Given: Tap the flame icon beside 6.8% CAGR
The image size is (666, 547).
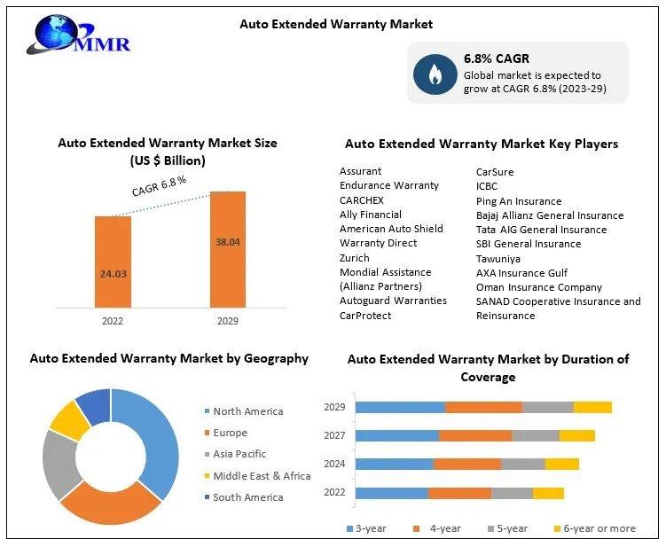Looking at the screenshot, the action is point(435,74).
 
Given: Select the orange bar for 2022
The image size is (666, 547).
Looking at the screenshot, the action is point(113,262).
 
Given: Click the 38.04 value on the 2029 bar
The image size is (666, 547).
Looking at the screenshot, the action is point(228,242).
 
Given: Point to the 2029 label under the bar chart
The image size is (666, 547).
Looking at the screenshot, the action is point(228,321).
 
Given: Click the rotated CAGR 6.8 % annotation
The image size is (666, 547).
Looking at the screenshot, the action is point(160,186).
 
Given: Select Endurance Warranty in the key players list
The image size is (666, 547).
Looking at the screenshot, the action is point(389,185).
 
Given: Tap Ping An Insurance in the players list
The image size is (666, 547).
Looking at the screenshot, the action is point(519,201).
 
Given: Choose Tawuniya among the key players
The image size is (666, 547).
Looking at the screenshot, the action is point(498,259).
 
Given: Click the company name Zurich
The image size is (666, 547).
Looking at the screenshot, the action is point(354,258).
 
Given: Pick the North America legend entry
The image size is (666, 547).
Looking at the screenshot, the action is point(244,411).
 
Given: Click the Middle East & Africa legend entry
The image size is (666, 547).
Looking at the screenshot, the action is point(257,476).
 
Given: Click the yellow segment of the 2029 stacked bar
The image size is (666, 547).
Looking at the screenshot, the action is point(592,407).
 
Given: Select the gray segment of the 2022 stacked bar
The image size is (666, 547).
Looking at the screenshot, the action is point(512,494).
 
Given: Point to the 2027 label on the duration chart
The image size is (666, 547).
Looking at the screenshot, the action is point(334,435).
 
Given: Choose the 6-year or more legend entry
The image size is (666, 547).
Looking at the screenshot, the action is point(595,528).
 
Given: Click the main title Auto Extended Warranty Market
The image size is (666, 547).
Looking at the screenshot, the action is point(336,24).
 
